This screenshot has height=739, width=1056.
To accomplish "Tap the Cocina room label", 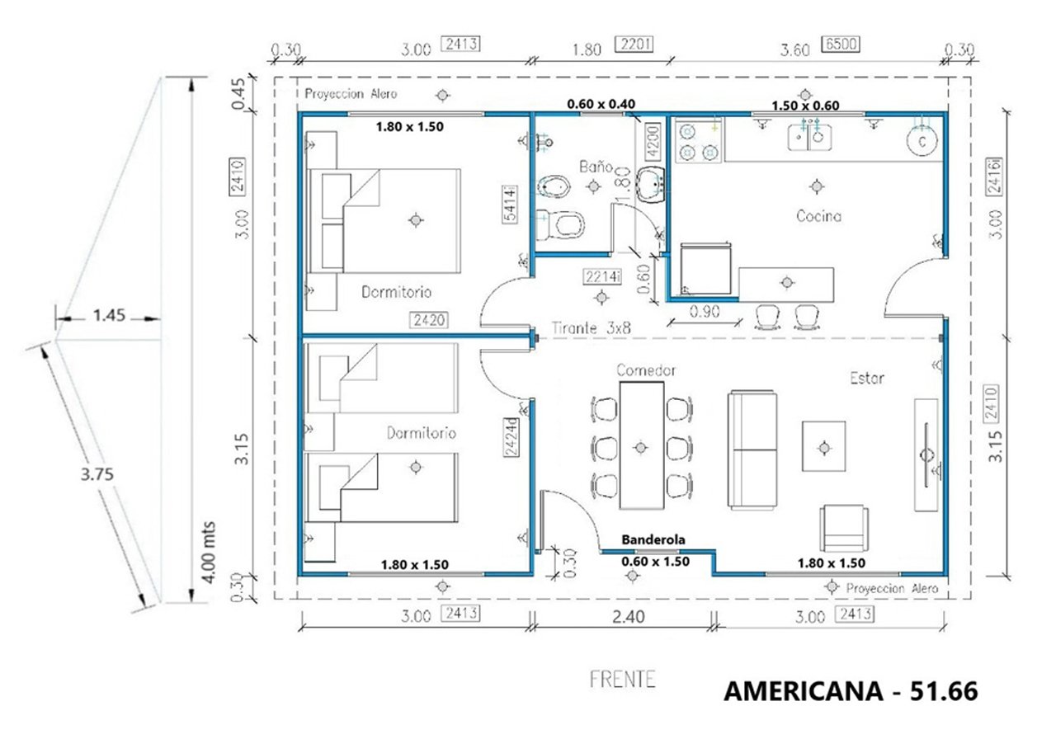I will point(818,216).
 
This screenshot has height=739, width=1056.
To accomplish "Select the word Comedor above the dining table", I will point(647,370).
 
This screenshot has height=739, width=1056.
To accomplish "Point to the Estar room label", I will point(867,379).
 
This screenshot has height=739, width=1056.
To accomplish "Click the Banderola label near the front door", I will point(654,539).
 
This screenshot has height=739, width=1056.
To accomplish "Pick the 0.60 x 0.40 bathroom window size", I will point(601,106).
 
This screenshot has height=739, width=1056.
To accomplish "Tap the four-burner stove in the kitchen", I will point(698,141).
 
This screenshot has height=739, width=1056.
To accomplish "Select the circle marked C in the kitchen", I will point(924,141).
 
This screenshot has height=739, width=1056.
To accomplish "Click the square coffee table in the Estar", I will point(823,446).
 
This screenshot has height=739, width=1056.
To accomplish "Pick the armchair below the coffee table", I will point(844,528).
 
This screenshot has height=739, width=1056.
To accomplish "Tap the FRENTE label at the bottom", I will point(623,680).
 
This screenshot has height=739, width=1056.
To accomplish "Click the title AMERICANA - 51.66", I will point(851,691).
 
